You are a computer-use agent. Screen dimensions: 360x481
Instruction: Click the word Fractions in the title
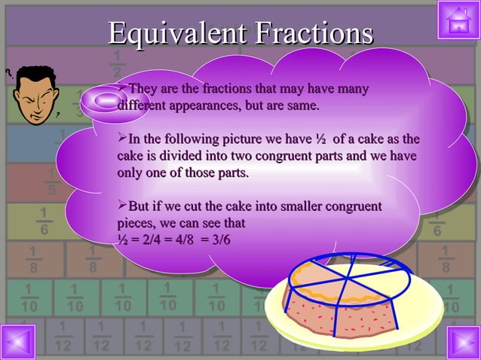click(313, 33)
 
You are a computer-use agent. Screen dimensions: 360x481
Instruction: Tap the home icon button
click(458, 20)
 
